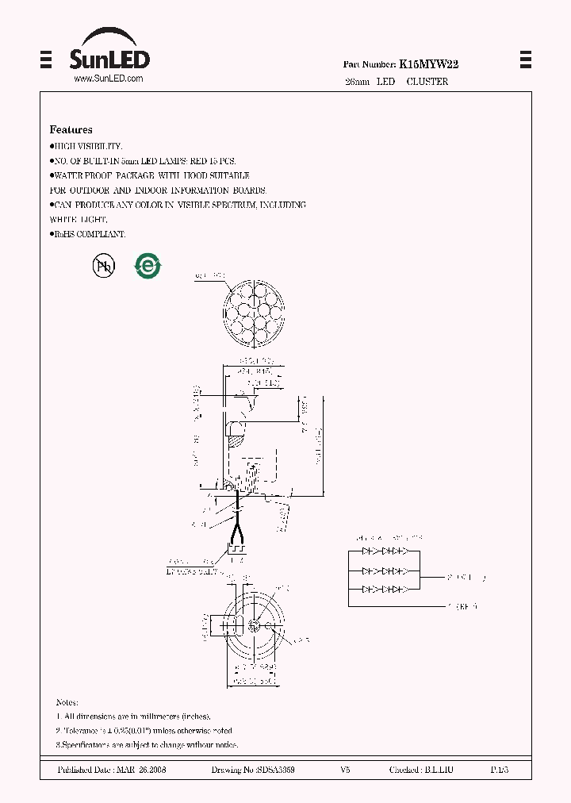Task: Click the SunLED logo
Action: (x=109, y=52)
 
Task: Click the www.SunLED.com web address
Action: (x=108, y=79)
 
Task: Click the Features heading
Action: (x=71, y=129)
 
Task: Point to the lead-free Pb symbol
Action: (x=104, y=267)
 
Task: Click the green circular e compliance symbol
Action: (x=147, y=267)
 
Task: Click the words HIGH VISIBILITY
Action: (x=88, y=147)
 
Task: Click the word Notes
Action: (x=67, y=703)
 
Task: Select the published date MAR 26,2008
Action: (x=140, y=770)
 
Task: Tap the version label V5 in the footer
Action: (x=345, y=770)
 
